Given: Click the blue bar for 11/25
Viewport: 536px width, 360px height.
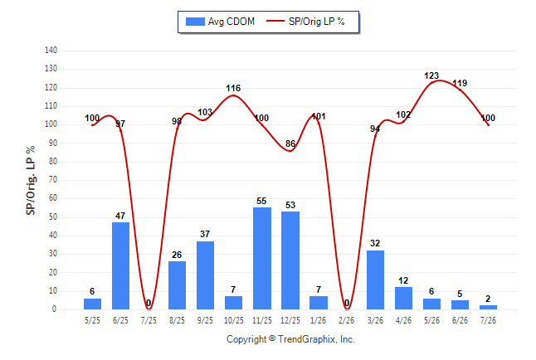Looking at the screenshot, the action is pyautogui.click(x=262, y=258).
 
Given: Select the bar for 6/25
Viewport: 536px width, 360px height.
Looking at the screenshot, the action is pyautogui.click(x=120, y=265).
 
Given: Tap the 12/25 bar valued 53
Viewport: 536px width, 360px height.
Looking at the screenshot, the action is pyautogui.click(x=290, y=260).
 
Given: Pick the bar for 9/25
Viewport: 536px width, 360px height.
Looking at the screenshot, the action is pyautogui.click(x=205, y=275).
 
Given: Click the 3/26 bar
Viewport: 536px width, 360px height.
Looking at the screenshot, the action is pyautogui.click(x=375, y=280).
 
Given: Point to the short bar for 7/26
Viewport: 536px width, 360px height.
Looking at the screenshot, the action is pyautogui.click(x=488, y=308).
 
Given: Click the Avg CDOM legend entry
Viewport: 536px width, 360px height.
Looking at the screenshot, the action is pyautogui.click(x=220, y=22).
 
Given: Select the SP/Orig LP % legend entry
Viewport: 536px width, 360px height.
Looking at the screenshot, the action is pyautogui.click(x=305, y=22).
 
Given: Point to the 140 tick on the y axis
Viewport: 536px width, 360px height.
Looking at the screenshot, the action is pyautogui.click(x=51, y=51).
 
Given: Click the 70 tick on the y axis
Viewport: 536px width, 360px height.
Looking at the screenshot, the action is pyautogui.click(x=52, y=180).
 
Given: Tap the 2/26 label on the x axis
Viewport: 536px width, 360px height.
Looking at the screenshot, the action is pyautogui.click(x=347, y=320).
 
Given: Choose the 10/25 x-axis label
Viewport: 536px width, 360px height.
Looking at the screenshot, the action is pyautogui.click(x=234, y=320).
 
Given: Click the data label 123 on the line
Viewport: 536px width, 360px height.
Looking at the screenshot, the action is pyautogui.click(x=431, y=75).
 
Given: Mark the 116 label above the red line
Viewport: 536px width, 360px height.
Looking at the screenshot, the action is pyautogui.click(x=233, y=88).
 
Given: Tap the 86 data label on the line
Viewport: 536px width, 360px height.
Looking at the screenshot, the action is pyautogui.click(x=290, y=144).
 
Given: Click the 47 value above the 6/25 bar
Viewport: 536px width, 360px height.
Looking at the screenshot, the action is pyautogui.click(x=120, y=216).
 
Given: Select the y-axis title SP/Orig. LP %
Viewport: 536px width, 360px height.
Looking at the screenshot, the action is pyautogui.click(x=31, y=180).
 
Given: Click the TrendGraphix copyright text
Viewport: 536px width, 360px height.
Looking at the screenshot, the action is pyautogui.click(x=290, y=339).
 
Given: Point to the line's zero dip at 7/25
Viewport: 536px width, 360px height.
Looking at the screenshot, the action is pyautogui.click(x=149, y=309).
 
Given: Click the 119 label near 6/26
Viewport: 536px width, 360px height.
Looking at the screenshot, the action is pyautogui.click(x=460, y=83).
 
